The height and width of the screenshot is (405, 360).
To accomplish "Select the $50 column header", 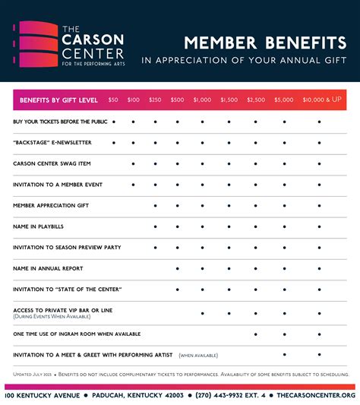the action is [113, 100].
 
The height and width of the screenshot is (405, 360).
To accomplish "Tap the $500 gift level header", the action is [177, 100].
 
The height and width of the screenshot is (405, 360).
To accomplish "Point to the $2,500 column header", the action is [256, 100].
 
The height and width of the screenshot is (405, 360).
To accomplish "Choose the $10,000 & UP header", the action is [322, 100].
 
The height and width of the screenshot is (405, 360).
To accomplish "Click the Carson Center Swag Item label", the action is [51, 163].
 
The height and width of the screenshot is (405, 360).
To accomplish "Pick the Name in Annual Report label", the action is [48, 268].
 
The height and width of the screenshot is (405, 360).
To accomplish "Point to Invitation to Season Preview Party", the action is [67, 248].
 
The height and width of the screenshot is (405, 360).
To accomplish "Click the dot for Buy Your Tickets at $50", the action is [114, 121].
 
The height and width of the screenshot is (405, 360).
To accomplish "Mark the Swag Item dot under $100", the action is [134, 163].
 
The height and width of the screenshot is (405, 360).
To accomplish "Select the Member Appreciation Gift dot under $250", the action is [156, 205].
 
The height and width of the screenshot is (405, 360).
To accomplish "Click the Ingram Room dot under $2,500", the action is [256, 334].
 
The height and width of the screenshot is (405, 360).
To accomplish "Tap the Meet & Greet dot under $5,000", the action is [285, 354].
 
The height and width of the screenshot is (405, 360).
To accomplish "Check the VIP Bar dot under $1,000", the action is [203, 312].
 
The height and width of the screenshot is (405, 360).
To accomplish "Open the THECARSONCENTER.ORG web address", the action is [316, 395].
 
